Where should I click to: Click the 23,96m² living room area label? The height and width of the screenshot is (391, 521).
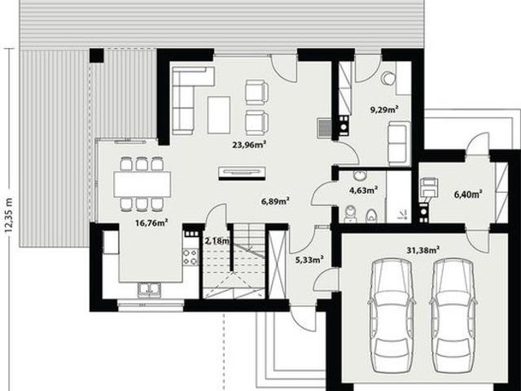(x=249, y=144)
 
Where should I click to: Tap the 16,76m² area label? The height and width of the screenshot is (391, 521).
(x=151, y=222)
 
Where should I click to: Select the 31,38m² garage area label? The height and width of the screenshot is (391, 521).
(x=423, y=250)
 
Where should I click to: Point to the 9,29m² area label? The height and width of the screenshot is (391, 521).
(x=384, y=109)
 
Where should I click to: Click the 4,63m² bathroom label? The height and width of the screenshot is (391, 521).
(x=363, y=190)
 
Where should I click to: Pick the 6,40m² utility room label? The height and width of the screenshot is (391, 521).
(x=468, y=194)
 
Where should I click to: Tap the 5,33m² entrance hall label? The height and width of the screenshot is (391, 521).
(x=309, y=259)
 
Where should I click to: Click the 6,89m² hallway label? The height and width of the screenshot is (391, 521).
(x=275, y=201)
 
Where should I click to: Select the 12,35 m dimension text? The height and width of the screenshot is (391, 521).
(x=8, y=215)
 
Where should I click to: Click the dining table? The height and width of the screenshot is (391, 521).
(x=142, y=184)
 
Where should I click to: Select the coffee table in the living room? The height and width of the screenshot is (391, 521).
(x=219, y=115)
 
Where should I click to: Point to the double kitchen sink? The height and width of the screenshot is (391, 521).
(x=150, y=289)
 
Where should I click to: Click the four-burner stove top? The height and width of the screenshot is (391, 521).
(x=190, y=257)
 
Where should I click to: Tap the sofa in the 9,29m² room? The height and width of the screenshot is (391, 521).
(x=399, y=143)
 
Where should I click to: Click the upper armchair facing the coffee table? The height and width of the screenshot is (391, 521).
(x=256, y=92)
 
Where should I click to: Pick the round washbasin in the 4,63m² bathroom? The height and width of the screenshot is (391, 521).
(x=359, y=175)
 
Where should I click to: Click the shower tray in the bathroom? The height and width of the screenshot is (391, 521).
(x=399, y=196)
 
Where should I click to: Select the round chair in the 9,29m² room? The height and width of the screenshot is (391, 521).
(x=387, y=78)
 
